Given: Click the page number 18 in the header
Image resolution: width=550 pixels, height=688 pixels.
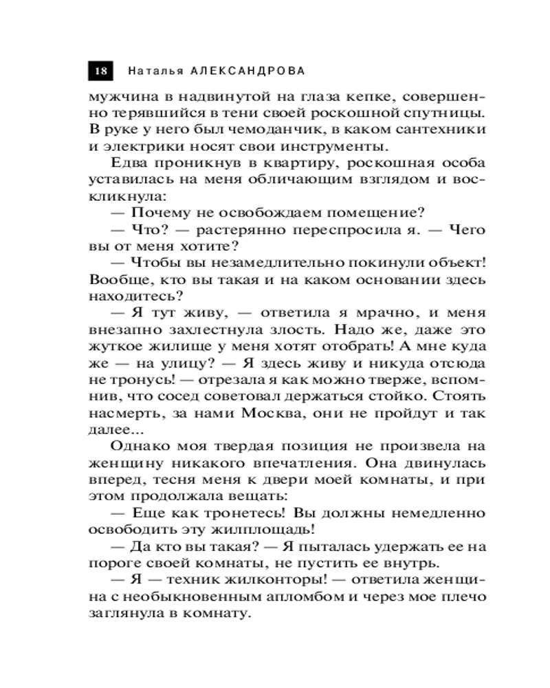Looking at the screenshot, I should pyautogui.click(x=100, y=71).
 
